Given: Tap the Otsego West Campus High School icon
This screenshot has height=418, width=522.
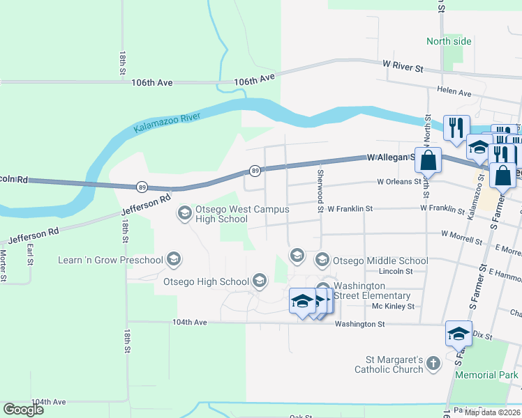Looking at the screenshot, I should click(x=185, y=212).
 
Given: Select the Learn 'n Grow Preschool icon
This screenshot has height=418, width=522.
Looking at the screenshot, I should click(x=174, y=261).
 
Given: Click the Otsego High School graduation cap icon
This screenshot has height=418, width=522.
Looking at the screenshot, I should click(x=260, y=281).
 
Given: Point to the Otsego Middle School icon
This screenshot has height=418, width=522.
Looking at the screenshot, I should click(x=322, y=261).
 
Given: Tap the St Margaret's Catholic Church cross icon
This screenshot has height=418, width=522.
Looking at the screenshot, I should click(x=433, y=363).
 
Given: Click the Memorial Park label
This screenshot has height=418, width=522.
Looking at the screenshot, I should click(x=486, y=375).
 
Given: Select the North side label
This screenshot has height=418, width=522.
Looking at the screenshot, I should click(x=449, y=41).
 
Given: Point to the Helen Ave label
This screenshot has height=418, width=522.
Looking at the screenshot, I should click(x=454, y=91).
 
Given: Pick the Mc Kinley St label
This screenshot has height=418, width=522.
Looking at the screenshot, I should click(x=393, y=306).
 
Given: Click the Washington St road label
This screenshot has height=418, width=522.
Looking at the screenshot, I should click(x=359, y=324).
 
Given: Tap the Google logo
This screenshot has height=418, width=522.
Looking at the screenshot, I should click(x=24, y=409).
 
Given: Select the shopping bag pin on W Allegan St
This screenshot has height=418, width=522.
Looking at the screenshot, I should click(x=428, y=160).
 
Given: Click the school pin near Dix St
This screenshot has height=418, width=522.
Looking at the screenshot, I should click(x=458, y=334).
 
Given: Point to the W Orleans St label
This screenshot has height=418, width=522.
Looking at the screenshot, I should click(x=399, y=181).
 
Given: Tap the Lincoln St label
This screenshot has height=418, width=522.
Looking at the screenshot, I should click(x=392, y=271).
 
